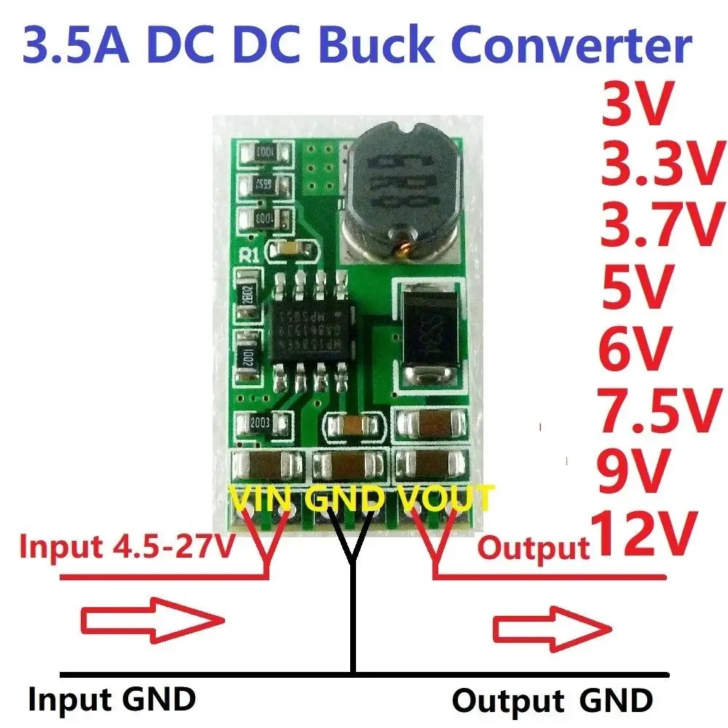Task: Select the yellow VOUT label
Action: tap(446, 499)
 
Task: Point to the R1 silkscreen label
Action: tap(249, 255)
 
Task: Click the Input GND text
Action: tap(112, 700)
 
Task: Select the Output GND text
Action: tap(552, 701)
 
